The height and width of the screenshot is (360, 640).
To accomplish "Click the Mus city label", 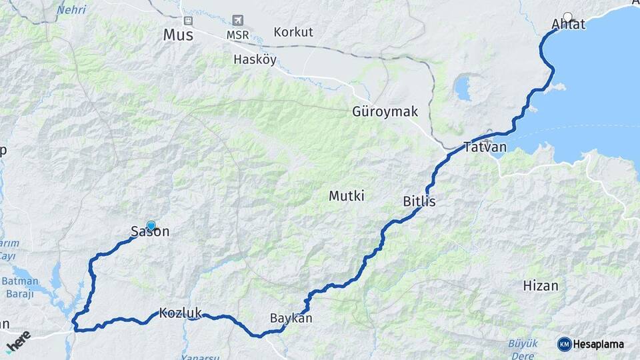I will [178, 34].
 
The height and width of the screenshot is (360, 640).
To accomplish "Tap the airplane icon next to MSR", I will [238, 21].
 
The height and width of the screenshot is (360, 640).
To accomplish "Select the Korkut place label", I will [293, 32].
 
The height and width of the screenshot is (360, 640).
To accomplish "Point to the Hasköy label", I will [255, 59].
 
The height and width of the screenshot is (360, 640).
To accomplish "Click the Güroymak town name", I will [385, 111].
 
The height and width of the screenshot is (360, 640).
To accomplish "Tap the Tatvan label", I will [485, 147].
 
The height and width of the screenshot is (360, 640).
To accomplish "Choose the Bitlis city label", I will [419, 201].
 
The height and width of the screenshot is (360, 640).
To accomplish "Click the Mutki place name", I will [346, 196].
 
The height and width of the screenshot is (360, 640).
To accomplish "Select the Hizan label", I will [541, 285].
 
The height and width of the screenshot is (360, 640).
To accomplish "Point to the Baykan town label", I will [291, 318].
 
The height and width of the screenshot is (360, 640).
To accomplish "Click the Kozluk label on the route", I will [180, 312].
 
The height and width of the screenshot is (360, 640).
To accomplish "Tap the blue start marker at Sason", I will [151, 226].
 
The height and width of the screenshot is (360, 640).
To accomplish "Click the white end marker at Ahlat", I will [567, 17].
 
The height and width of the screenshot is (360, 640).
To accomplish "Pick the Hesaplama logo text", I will [596, 344].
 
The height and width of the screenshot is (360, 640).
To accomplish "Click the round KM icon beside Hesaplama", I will [564, 344].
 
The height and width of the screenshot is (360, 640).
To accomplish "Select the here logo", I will [18, 339].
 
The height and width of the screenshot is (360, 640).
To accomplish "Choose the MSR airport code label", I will [238, 34].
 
